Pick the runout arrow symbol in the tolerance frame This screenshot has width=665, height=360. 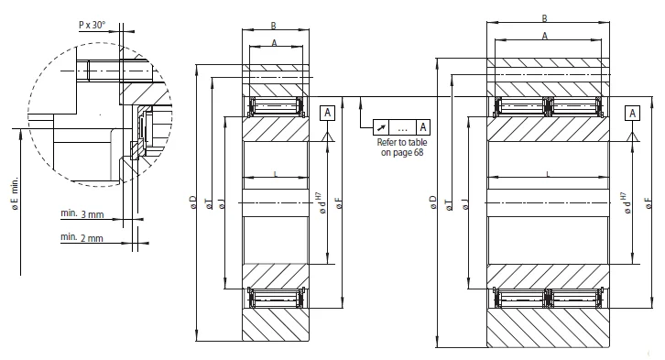[x=381, y=126]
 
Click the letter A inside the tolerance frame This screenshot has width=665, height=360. [x=422, y=126]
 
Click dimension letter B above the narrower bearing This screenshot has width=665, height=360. [x=275, y=27]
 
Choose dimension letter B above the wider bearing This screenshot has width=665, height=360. [x=545, y=17]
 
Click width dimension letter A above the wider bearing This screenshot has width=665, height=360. [x=545, y=36]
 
